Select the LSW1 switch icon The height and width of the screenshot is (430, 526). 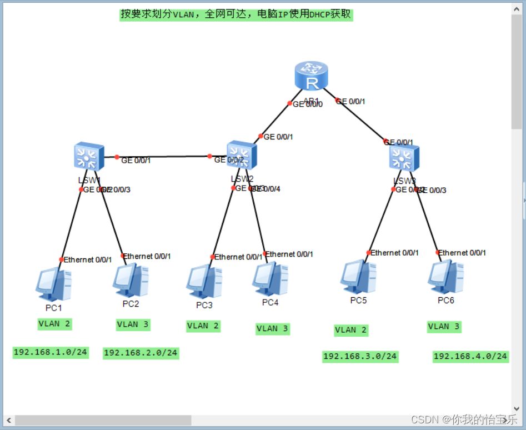(89, 157)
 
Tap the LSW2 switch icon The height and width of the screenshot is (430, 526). (242, 155)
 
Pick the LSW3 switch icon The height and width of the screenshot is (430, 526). (404, 158)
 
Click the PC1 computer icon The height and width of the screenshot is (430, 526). (54, 284)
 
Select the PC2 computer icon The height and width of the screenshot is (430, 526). (131, 281)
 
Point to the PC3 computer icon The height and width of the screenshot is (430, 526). (204, 282)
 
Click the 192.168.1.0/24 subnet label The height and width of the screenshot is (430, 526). (51, 352)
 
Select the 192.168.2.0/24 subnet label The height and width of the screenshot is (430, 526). (141, 353)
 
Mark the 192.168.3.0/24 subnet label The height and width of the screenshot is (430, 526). (360, 357)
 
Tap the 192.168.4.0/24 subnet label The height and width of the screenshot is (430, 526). (470, 357)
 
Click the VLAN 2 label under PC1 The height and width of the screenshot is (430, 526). (54, 323)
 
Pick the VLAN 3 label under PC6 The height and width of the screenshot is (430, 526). (444, 327)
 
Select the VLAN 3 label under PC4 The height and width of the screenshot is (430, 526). (272, 329)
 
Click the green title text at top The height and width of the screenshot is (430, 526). (236, 14)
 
